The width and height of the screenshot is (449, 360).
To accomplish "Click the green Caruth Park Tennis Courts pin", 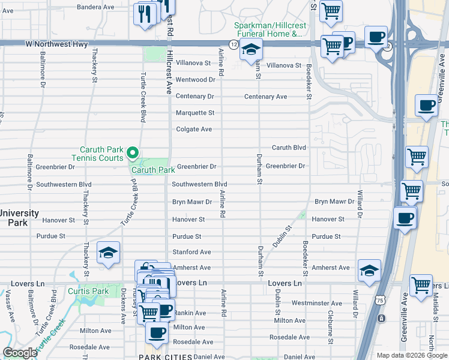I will (134, 154).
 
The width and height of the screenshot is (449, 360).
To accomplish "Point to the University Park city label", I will (19, 218).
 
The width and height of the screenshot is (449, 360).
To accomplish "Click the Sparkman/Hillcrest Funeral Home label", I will (268, 29).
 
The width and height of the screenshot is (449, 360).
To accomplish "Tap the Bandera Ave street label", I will (96, 7).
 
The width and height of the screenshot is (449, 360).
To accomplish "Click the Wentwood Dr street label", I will (195, 79).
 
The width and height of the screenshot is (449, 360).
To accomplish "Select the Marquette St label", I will (195, 113).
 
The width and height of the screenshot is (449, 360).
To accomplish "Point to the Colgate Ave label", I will (194, 129).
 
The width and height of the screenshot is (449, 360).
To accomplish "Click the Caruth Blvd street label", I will (289, 148).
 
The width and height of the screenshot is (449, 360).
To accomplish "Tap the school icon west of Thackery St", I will (108, 253).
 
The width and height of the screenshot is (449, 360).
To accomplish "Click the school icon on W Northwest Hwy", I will (251, 50).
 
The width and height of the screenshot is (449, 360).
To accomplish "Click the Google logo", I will (20, 353).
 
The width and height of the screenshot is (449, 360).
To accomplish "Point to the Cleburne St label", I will (331, 325).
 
